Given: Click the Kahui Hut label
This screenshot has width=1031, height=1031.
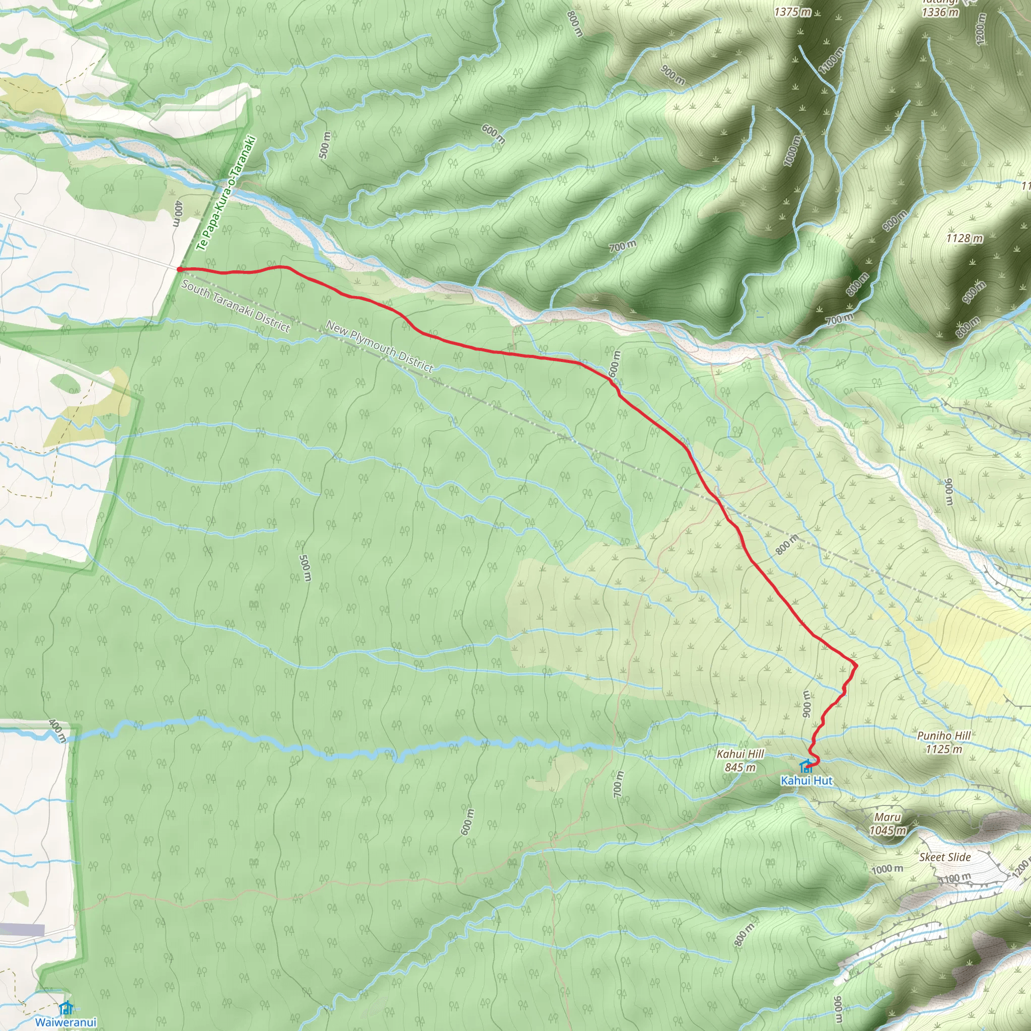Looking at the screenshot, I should click(806, 781).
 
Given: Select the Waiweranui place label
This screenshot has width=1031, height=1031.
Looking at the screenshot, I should click(65, 1022).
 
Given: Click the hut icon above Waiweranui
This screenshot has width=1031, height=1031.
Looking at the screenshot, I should click(66, 1007).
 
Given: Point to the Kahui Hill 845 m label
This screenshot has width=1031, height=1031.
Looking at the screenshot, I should click(740, 761).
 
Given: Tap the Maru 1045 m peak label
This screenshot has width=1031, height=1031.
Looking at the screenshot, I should click(888, 824).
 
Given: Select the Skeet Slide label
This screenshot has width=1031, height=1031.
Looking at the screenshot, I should click(944, 857).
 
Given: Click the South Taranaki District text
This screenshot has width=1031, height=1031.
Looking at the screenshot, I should click(235, 306).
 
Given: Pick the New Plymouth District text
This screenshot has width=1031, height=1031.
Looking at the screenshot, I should click(379, 346).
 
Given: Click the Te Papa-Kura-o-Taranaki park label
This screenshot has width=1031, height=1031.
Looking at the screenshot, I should click(226, 193).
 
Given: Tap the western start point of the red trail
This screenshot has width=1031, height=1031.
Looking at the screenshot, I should click(180, 269).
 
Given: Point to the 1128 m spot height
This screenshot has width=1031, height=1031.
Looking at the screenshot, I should click(964, 239).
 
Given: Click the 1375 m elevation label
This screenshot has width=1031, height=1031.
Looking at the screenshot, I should click(792, 12).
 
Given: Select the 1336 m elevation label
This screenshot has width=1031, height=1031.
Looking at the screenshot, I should click(940, 12).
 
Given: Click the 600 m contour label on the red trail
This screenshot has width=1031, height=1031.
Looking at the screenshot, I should click(614, 364).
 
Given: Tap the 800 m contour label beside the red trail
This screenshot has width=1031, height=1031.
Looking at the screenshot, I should click(787, 544).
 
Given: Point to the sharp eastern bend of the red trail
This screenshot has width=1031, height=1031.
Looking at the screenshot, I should click(855, 665).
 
